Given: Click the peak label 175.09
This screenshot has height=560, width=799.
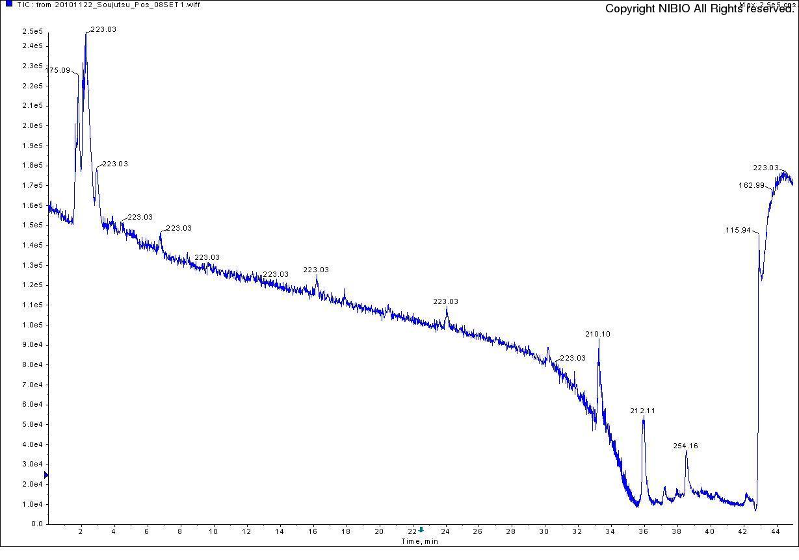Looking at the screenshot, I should [x=58, y=70].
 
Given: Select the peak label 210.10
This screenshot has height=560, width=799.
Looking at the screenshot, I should [x=597, y=334].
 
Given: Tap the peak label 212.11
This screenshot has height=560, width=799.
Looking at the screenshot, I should [x=642, y=411].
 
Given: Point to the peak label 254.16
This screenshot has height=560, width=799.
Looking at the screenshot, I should [x=685, y=446].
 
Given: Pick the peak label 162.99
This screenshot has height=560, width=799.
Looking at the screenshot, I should [x=752, y=185].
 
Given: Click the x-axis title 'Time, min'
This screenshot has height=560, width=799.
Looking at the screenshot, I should [x=419, y=541].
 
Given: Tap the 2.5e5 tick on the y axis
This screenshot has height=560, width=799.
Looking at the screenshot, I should [x=32, y=31].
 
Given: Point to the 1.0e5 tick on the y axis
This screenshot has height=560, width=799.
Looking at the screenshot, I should [x=32, y=325].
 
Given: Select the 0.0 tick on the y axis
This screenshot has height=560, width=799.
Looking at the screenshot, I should [x=36, y=524].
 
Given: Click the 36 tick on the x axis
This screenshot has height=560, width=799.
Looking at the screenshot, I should [x=644, y=531].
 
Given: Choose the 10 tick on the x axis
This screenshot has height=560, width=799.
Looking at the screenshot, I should [x=213, y=531].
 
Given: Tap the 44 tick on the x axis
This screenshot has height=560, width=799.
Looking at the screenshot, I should [x=776, y=531].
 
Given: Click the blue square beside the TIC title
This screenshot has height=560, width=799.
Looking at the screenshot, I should [x=8, y=4].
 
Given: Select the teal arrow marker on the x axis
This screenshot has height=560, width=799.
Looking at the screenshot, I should [x=421, y=529].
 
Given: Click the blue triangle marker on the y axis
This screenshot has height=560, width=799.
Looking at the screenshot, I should [x=46, y=476].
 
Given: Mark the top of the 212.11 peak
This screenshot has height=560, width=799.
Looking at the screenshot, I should [x=643, y=419].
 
